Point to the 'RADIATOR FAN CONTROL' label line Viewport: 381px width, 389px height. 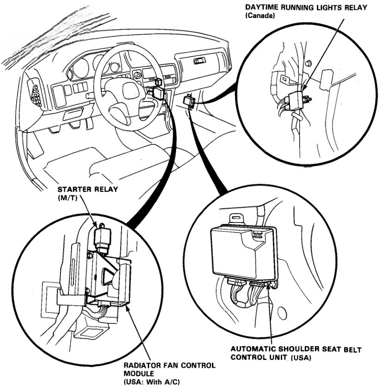coord(169,365)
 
